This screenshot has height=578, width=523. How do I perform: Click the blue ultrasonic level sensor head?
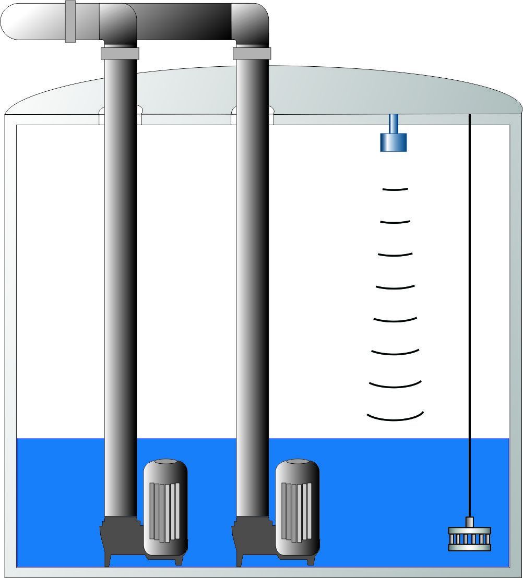pos(394,141)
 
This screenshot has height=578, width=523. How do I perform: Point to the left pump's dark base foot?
pos(117,543)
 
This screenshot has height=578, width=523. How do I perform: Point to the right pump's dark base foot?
pos(249,543)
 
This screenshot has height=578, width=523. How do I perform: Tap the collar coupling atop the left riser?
pos(120,53)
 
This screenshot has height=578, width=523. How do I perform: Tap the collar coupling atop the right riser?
pos(252,53)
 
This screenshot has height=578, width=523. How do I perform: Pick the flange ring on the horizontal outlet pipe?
pos(70,21)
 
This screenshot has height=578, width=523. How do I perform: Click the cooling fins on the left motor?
pos(164,511)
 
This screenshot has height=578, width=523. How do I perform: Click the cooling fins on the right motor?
pos(296,511)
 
